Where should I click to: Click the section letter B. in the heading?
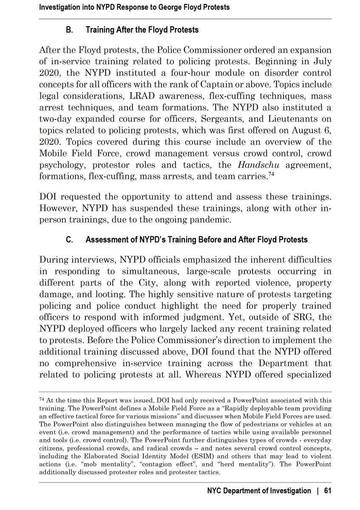68,30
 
